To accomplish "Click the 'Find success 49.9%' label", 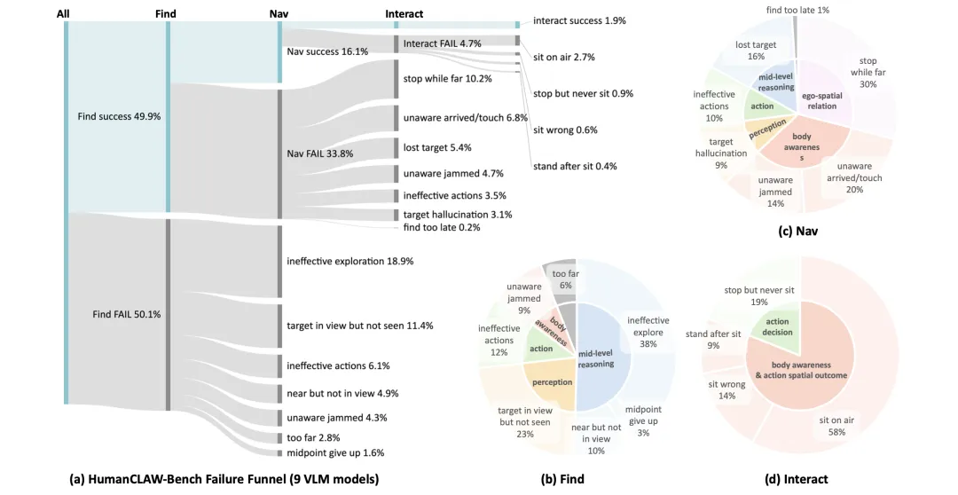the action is pyautogui.click(x=119, y=116).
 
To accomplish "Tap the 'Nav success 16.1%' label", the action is pyautogui.click(x=327, y=52).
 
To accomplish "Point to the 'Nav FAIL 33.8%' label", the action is pyautogui.click(x=320, y=154).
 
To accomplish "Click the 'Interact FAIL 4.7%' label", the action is pyautogui.click(x=443, y=43).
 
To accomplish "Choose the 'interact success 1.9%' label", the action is pyautogui.click(x=579, y=20).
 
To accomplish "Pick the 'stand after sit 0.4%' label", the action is pyautogui.click(x=575, y=166).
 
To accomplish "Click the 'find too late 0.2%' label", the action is pyautogui.click(x=442, y=227).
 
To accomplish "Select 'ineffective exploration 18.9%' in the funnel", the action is pyautogui.click(x=350, y=262).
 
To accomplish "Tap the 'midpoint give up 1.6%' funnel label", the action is pyautogui.click(x=335, y=452).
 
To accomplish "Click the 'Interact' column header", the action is pyautogui.click(x=404, y=13).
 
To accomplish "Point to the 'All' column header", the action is pyautogui.click(x=63, y=13).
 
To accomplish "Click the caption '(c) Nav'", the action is pyautogui.click(x=798, y=231).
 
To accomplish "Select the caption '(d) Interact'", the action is pyautogui.click(x=796, y=479).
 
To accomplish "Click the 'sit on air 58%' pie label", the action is pyautogui.click(x=836, y=426).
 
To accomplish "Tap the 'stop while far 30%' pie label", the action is pyautogui.click(x=868, y=72).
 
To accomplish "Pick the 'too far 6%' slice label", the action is pyautogui.click(x=565, y=279).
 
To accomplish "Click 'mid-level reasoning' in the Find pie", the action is pyautogui.click(x=596, y=358).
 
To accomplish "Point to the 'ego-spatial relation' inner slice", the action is pyautogui.click(x=821, y=101).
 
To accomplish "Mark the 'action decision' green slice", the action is pyautogui.click(x=777, y=327).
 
